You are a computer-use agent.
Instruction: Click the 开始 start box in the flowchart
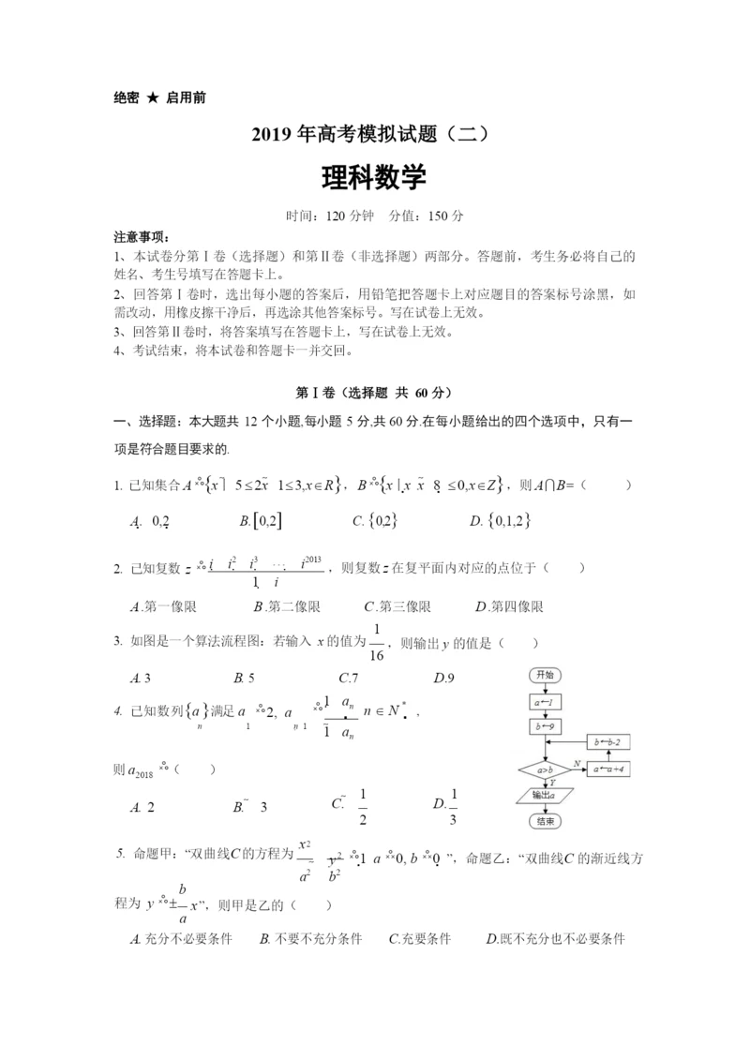point(545,675)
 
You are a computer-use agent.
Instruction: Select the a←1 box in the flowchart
point(545,701)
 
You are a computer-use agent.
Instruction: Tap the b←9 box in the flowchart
point(545,726)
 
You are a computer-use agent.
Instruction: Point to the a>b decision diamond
point(545,770)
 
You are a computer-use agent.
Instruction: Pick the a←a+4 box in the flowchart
point(610,770)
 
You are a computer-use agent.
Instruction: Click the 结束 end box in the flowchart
point(545,821)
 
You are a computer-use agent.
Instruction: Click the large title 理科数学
point(374,178)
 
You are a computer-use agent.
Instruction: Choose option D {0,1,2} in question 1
point(502,521)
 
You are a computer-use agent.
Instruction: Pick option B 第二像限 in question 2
point(280,606)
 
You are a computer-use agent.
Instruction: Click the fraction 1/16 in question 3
point(377,641)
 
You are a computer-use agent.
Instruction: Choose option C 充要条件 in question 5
point(419,938)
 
